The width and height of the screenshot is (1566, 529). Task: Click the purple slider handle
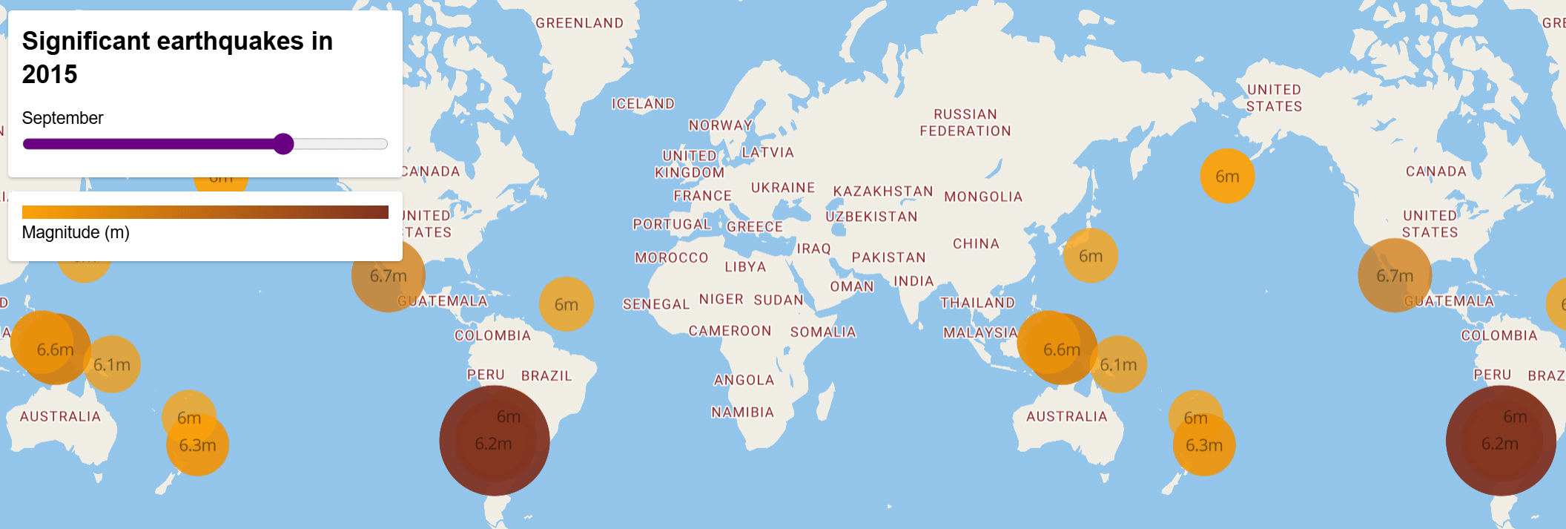(x=283, y=144)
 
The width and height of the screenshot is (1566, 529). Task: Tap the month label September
(x=62, y=118)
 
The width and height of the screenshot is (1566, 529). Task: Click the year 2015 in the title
(x=50, y=74)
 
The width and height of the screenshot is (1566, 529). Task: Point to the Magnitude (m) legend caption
(x=76, y=232)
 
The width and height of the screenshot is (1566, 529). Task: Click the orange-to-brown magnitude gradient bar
(x=205, y=212)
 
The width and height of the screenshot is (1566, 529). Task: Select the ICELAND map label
(x=643, y=104)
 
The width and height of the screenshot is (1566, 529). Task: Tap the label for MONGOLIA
(x=983, y=197)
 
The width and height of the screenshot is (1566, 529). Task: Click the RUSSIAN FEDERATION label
(x=965, y=122)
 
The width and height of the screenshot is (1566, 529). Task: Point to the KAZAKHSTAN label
(x=882, y=191)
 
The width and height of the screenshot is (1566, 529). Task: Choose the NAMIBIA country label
(x=742, y=413)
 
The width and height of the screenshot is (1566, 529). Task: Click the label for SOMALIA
(x=823, y=332)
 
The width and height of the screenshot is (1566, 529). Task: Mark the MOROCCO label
(x=672, y=257)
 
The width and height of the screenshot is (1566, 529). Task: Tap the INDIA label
(x=913, y=281)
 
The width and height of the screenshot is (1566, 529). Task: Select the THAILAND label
(x=977, y=303)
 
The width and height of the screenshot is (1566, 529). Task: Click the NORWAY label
(x=720, y=125)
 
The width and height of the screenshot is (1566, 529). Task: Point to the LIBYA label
(x=745, y=267)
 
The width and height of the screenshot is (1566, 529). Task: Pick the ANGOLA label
(x=744, y=380)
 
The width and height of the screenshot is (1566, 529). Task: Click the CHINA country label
(x=976, y=243)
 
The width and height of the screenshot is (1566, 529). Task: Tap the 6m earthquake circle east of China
(x=1090, y=256)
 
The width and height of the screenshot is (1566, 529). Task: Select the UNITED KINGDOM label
(x=690, y=164)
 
